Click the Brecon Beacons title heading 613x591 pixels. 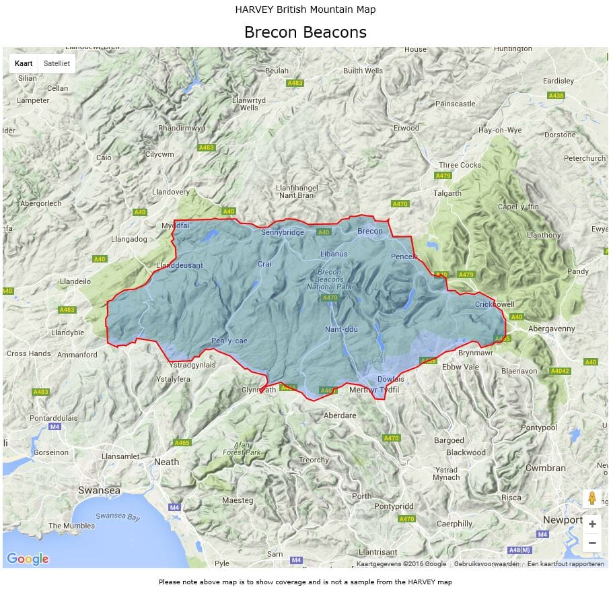coord(305,32)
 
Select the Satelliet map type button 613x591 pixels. coord(57,63)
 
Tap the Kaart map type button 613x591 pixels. coord(24,63)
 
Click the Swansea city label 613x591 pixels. coord(99,490)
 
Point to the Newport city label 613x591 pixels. coord(563,520)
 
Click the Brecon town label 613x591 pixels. coord(369,231)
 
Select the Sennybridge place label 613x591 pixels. coord(283,233)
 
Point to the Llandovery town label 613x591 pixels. coord(171,192)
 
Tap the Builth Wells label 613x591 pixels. coord(363,71)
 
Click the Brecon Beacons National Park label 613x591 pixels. coord(330,279)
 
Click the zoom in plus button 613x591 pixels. coord(591,524)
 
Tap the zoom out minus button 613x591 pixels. coord(591,542)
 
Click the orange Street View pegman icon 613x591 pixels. coord(591,498)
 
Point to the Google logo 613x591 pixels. coord(28,559)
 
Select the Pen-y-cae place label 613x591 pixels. coord(229,341)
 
